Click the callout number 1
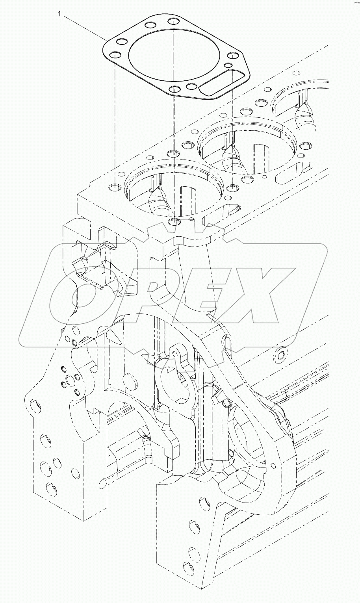point(59,15)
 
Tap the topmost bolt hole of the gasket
point(173,21)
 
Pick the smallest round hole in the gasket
point(227,65)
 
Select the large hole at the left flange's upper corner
point(35,404)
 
